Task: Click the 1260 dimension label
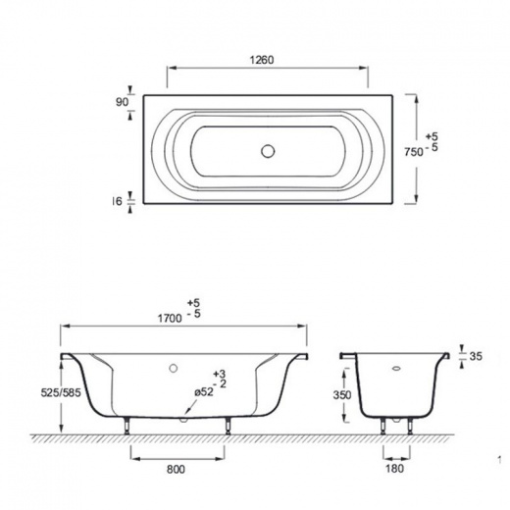[x=262, y=60]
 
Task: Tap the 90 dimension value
[x=122, y=102]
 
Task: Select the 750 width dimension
[x=414, y=152]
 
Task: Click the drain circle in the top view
[x=268, y=151]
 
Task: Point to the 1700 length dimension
[x=170, y=318]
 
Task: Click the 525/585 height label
[x=61, y=392]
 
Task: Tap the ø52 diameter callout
[x=204, y=392]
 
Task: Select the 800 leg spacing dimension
[x=176, y=469]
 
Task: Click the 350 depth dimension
[x=342, y=395]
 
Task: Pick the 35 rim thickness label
[x=476, y=356]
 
